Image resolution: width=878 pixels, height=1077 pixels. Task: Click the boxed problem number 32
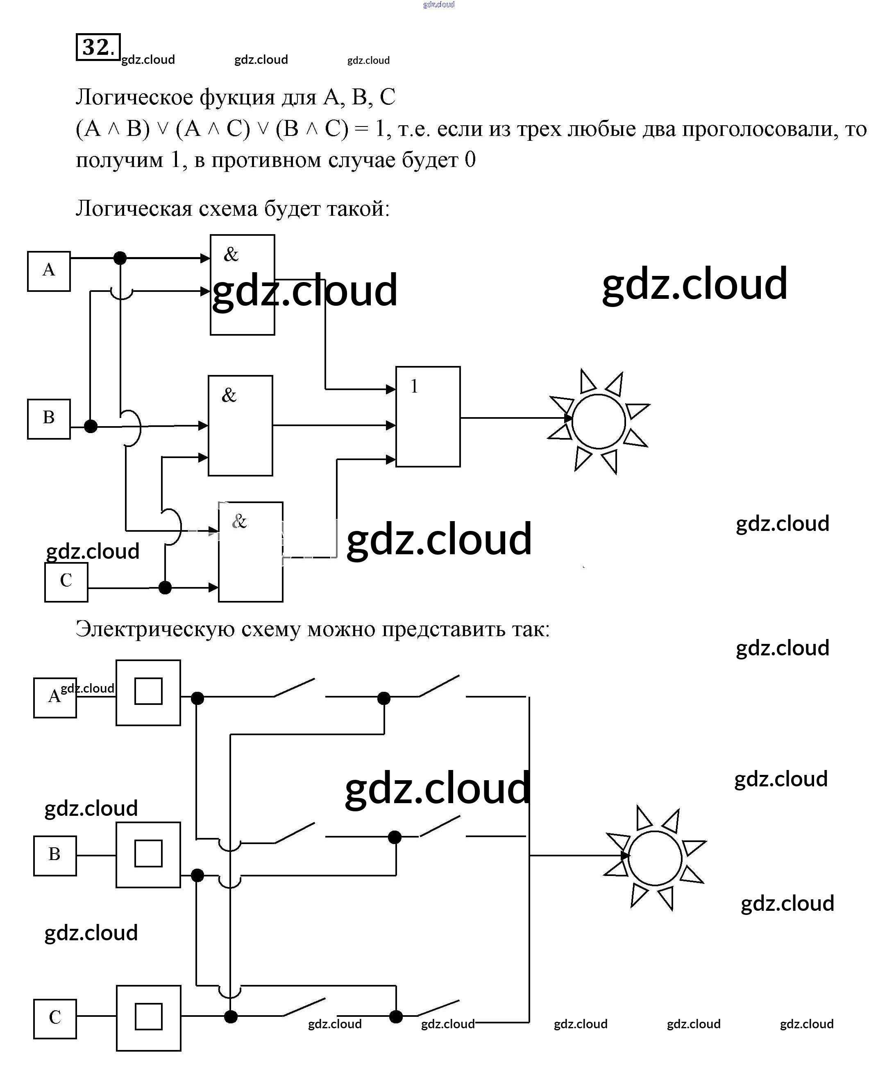tap(98, 47)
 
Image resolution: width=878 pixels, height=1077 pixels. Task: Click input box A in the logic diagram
tap(49, 271)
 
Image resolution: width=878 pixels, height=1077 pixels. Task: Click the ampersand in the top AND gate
tap(231, 254)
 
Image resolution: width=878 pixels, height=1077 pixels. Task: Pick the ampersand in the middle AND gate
tap(229, 395)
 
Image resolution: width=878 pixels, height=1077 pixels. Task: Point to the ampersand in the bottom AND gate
tap(239, 521)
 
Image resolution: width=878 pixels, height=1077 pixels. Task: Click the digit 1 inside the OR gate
tap(414, 386)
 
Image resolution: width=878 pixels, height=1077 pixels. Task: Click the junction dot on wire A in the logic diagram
tap(120, 258)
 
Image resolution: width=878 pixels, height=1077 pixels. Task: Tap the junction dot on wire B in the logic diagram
tap(91, 426)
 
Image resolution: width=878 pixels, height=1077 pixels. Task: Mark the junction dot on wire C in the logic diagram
tap(165, 587)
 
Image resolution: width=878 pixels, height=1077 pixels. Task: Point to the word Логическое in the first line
tap(134, 97)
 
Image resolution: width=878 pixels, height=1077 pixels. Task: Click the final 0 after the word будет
tap(470, 160)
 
